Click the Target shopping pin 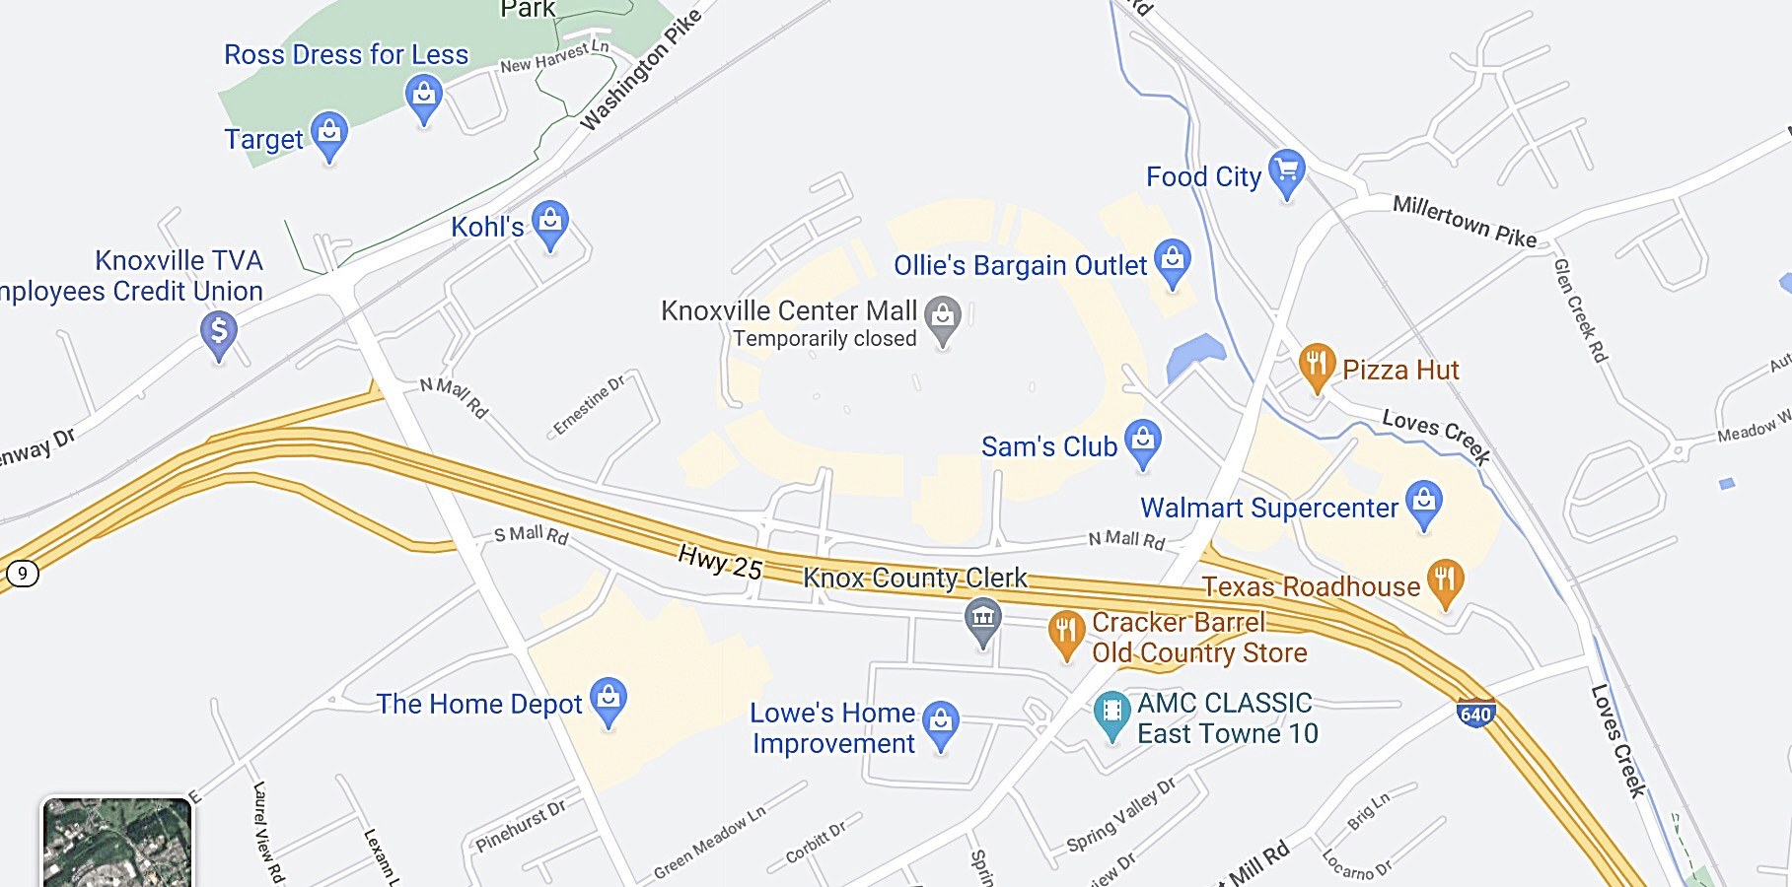[328, 133]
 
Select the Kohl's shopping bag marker [550, 223]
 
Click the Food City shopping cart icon [1286, 171]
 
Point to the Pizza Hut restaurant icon [1317, 365]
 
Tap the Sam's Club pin [1143, 442]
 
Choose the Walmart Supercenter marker [1423, 503]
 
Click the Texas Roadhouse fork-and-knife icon [1445, 581]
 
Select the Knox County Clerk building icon [982, 620]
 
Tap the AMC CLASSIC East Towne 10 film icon [1112, 713]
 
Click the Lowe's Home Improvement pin [941, 722]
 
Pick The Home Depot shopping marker [609, 699]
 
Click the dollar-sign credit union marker [219, 332]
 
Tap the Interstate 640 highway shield [1475, 713]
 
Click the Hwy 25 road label [720, 562]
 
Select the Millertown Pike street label [1464, 222]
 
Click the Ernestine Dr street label [589, 405]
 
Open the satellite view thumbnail [117, 843]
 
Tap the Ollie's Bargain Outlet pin [1172, 261]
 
